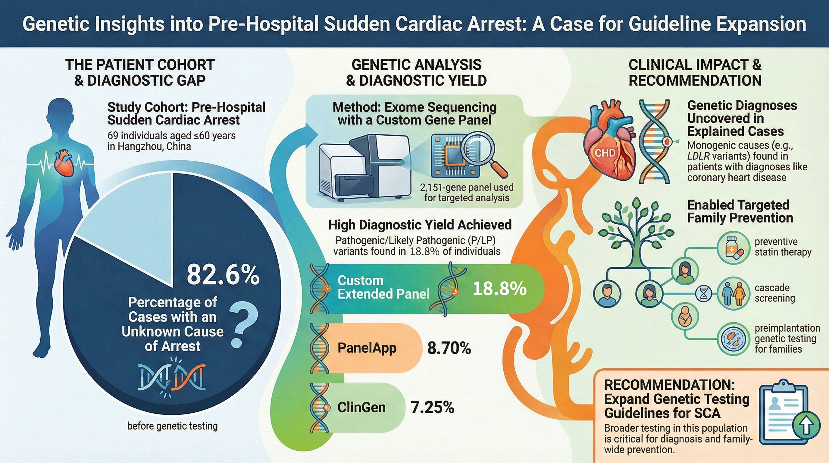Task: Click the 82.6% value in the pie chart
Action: (223, 275)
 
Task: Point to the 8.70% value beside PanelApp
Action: (449, 348)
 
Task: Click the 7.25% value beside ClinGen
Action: (432, 408)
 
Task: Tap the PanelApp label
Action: (367, 348)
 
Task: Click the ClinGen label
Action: (361, 408)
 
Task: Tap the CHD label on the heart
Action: (605, 153)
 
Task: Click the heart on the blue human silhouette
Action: (64, 162)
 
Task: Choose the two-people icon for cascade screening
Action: (731, 294)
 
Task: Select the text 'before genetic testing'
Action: (173, 426)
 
